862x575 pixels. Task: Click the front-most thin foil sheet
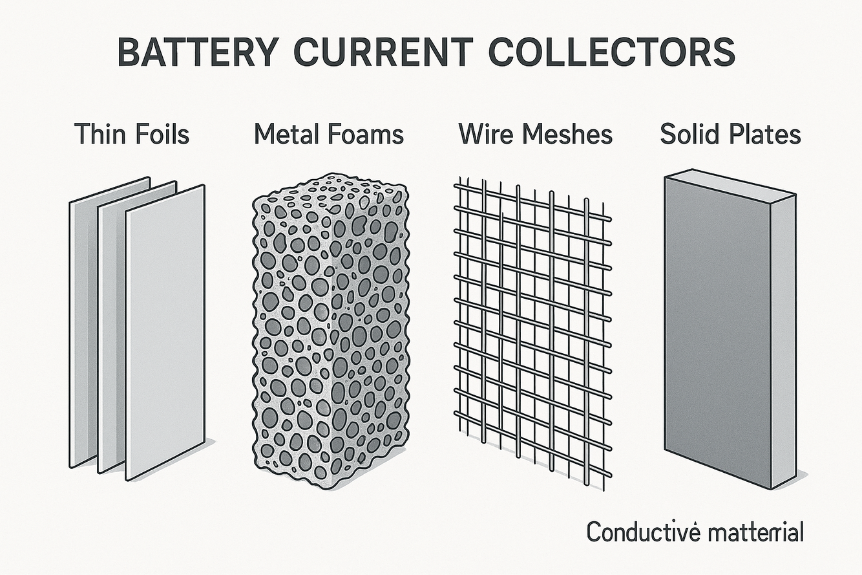[x=165, y=330]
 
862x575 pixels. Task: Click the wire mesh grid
[x=533, y=330]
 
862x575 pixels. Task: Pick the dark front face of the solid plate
[x=717, y=330]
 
